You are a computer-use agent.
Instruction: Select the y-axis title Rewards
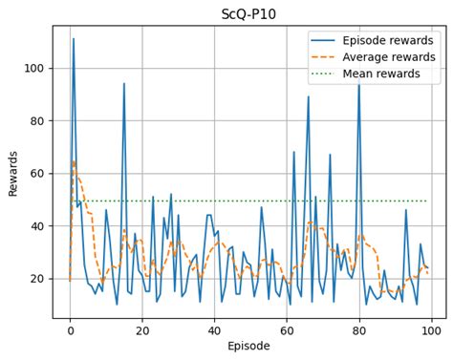[13, 173]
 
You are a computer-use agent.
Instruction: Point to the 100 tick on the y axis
[35, 69]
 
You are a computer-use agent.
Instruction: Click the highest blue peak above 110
[74, 39]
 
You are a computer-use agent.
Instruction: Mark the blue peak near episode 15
[124, 84]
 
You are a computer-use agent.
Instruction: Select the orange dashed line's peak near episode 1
[74, 160]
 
